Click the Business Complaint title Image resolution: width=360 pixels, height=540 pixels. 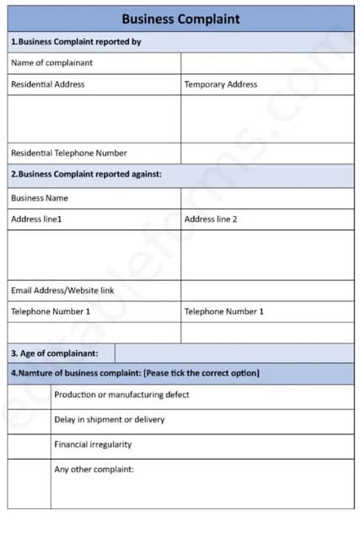point(180,19)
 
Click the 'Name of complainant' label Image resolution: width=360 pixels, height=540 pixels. point(51,62)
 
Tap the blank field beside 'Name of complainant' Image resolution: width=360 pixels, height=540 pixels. point(267,63)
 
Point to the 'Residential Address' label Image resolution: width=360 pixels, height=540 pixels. point(47,84)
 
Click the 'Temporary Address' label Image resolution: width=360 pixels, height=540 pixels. point(221,84)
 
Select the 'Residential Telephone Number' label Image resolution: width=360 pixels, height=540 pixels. point(69,153)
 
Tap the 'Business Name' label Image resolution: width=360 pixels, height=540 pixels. point(40,197)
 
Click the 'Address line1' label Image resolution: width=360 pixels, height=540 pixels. point(36,219)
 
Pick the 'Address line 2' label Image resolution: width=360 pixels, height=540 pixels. point(211,219)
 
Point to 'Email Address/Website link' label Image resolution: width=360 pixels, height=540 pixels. point(62,290)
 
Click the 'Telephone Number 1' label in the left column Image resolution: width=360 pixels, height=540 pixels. point(51,311)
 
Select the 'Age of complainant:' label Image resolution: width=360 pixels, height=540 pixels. point(54,353)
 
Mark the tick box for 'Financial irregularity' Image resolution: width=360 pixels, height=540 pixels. point(30,445)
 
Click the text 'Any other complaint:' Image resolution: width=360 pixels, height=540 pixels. point(94,469)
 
